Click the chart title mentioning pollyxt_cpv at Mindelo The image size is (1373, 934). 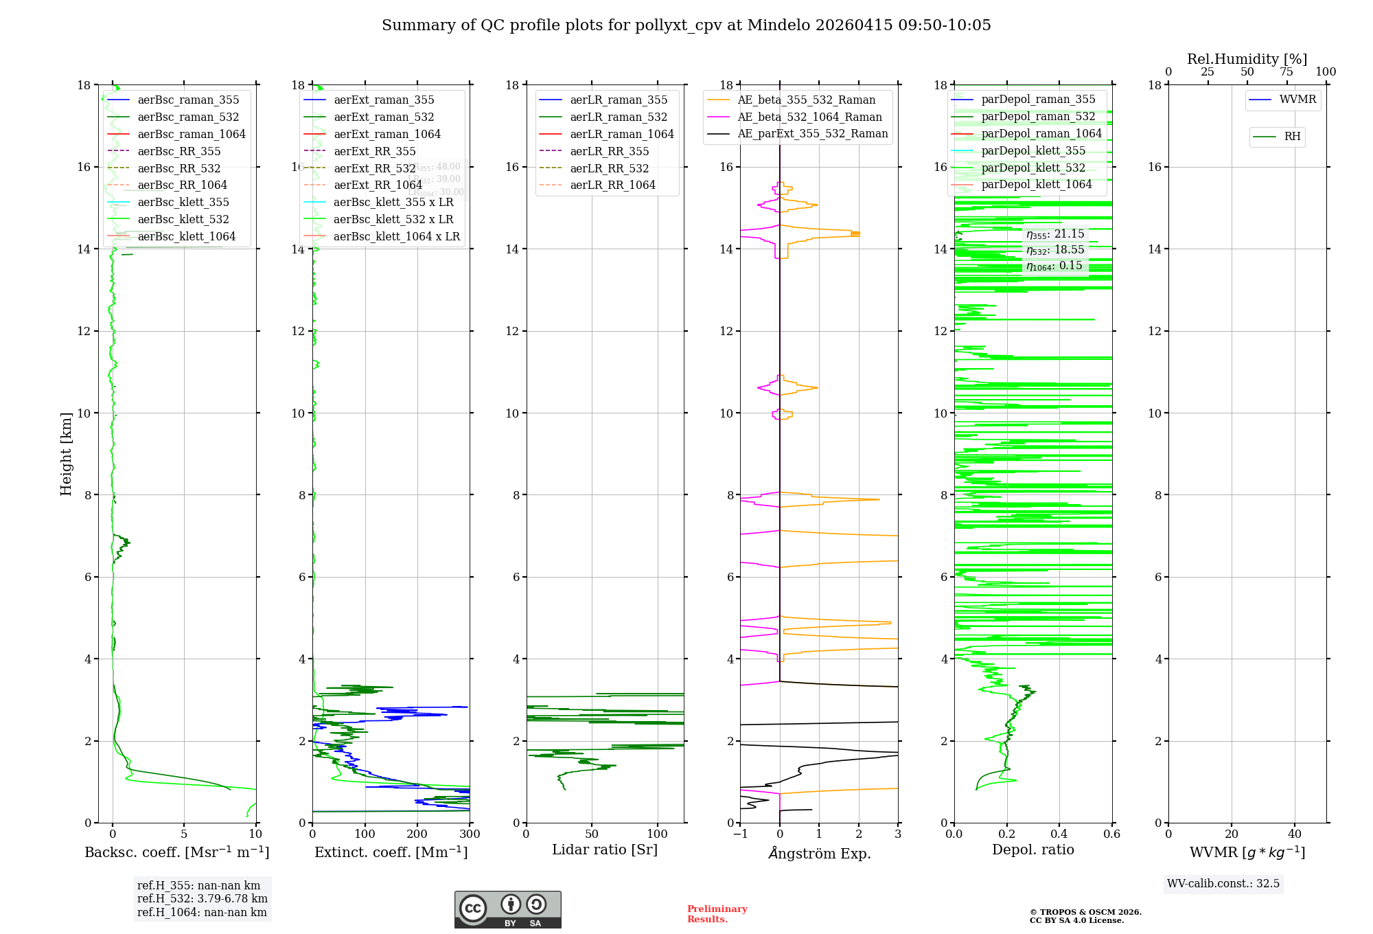[686, 25]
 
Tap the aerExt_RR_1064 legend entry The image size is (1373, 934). [378, 185]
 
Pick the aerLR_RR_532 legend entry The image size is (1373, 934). [609, 168]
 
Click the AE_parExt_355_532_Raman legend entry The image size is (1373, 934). [812, 134]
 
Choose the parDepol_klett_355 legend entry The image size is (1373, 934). [1033, 151]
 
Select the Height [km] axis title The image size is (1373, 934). [66, 454]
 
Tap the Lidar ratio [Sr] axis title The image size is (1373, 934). [604, 850]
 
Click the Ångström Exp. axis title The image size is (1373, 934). [819, 854]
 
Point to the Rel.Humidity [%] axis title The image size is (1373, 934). [1247, 59]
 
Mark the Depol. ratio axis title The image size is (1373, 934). [1032, 850]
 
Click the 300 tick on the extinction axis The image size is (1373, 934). [470, 834]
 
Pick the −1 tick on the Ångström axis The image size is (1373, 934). [739, 834]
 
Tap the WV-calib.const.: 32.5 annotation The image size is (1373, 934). [1223, 884]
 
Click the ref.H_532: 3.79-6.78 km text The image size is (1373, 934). [202, 899]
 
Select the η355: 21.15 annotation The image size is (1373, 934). [1055, 234]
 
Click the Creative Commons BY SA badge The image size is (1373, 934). [507, 910]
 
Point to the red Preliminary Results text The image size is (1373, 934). [717, 914]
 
